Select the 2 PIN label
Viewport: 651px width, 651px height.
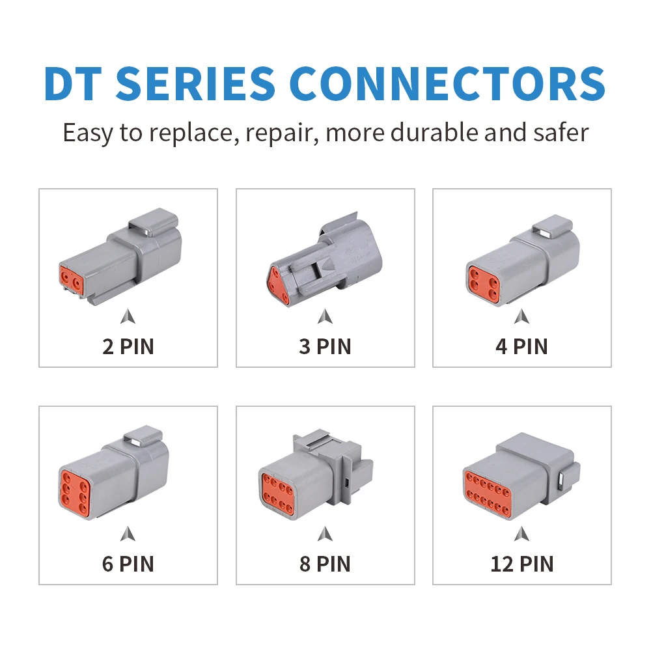pyautogui.click(x=128, y=346)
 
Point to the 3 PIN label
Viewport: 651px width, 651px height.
pyautogui.click(x=325, y=346)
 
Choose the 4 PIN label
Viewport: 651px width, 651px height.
pyautogui.click(x=521, y=346)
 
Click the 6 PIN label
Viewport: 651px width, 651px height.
pyautogui.click(x=128, y=563)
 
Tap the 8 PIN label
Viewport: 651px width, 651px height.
pyautogui.click(x=325, y=563)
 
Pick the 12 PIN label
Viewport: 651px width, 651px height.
pyautogui.click(x=521, y=563)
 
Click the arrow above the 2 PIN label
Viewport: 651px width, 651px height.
pyautogui.click(x=128, y=317)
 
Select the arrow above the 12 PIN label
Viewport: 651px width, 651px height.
pyautogui.click(x=521, y=534)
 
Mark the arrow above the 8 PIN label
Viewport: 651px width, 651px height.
pyautogui.click(x=325, y=534)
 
